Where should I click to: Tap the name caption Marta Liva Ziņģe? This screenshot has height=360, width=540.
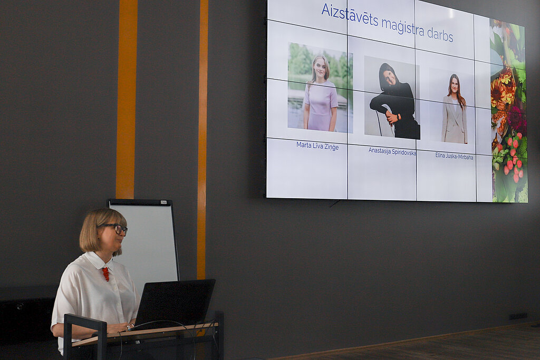click(317, 145)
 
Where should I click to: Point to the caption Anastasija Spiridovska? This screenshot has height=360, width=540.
click(392, 151)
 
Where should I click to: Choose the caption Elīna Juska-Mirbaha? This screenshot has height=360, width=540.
click(454, 156)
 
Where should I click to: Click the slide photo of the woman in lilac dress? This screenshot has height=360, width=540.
click(320, 88)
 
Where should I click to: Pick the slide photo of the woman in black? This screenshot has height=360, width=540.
click(392, 98)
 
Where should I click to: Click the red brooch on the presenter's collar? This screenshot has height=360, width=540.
click(105, 274)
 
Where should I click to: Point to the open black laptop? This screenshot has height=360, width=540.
click(174, 303)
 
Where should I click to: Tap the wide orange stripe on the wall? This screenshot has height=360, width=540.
click(127, 99)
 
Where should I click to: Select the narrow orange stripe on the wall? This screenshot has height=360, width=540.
click(202, 139)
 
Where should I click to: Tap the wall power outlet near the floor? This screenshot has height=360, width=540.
click(518, 316)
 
